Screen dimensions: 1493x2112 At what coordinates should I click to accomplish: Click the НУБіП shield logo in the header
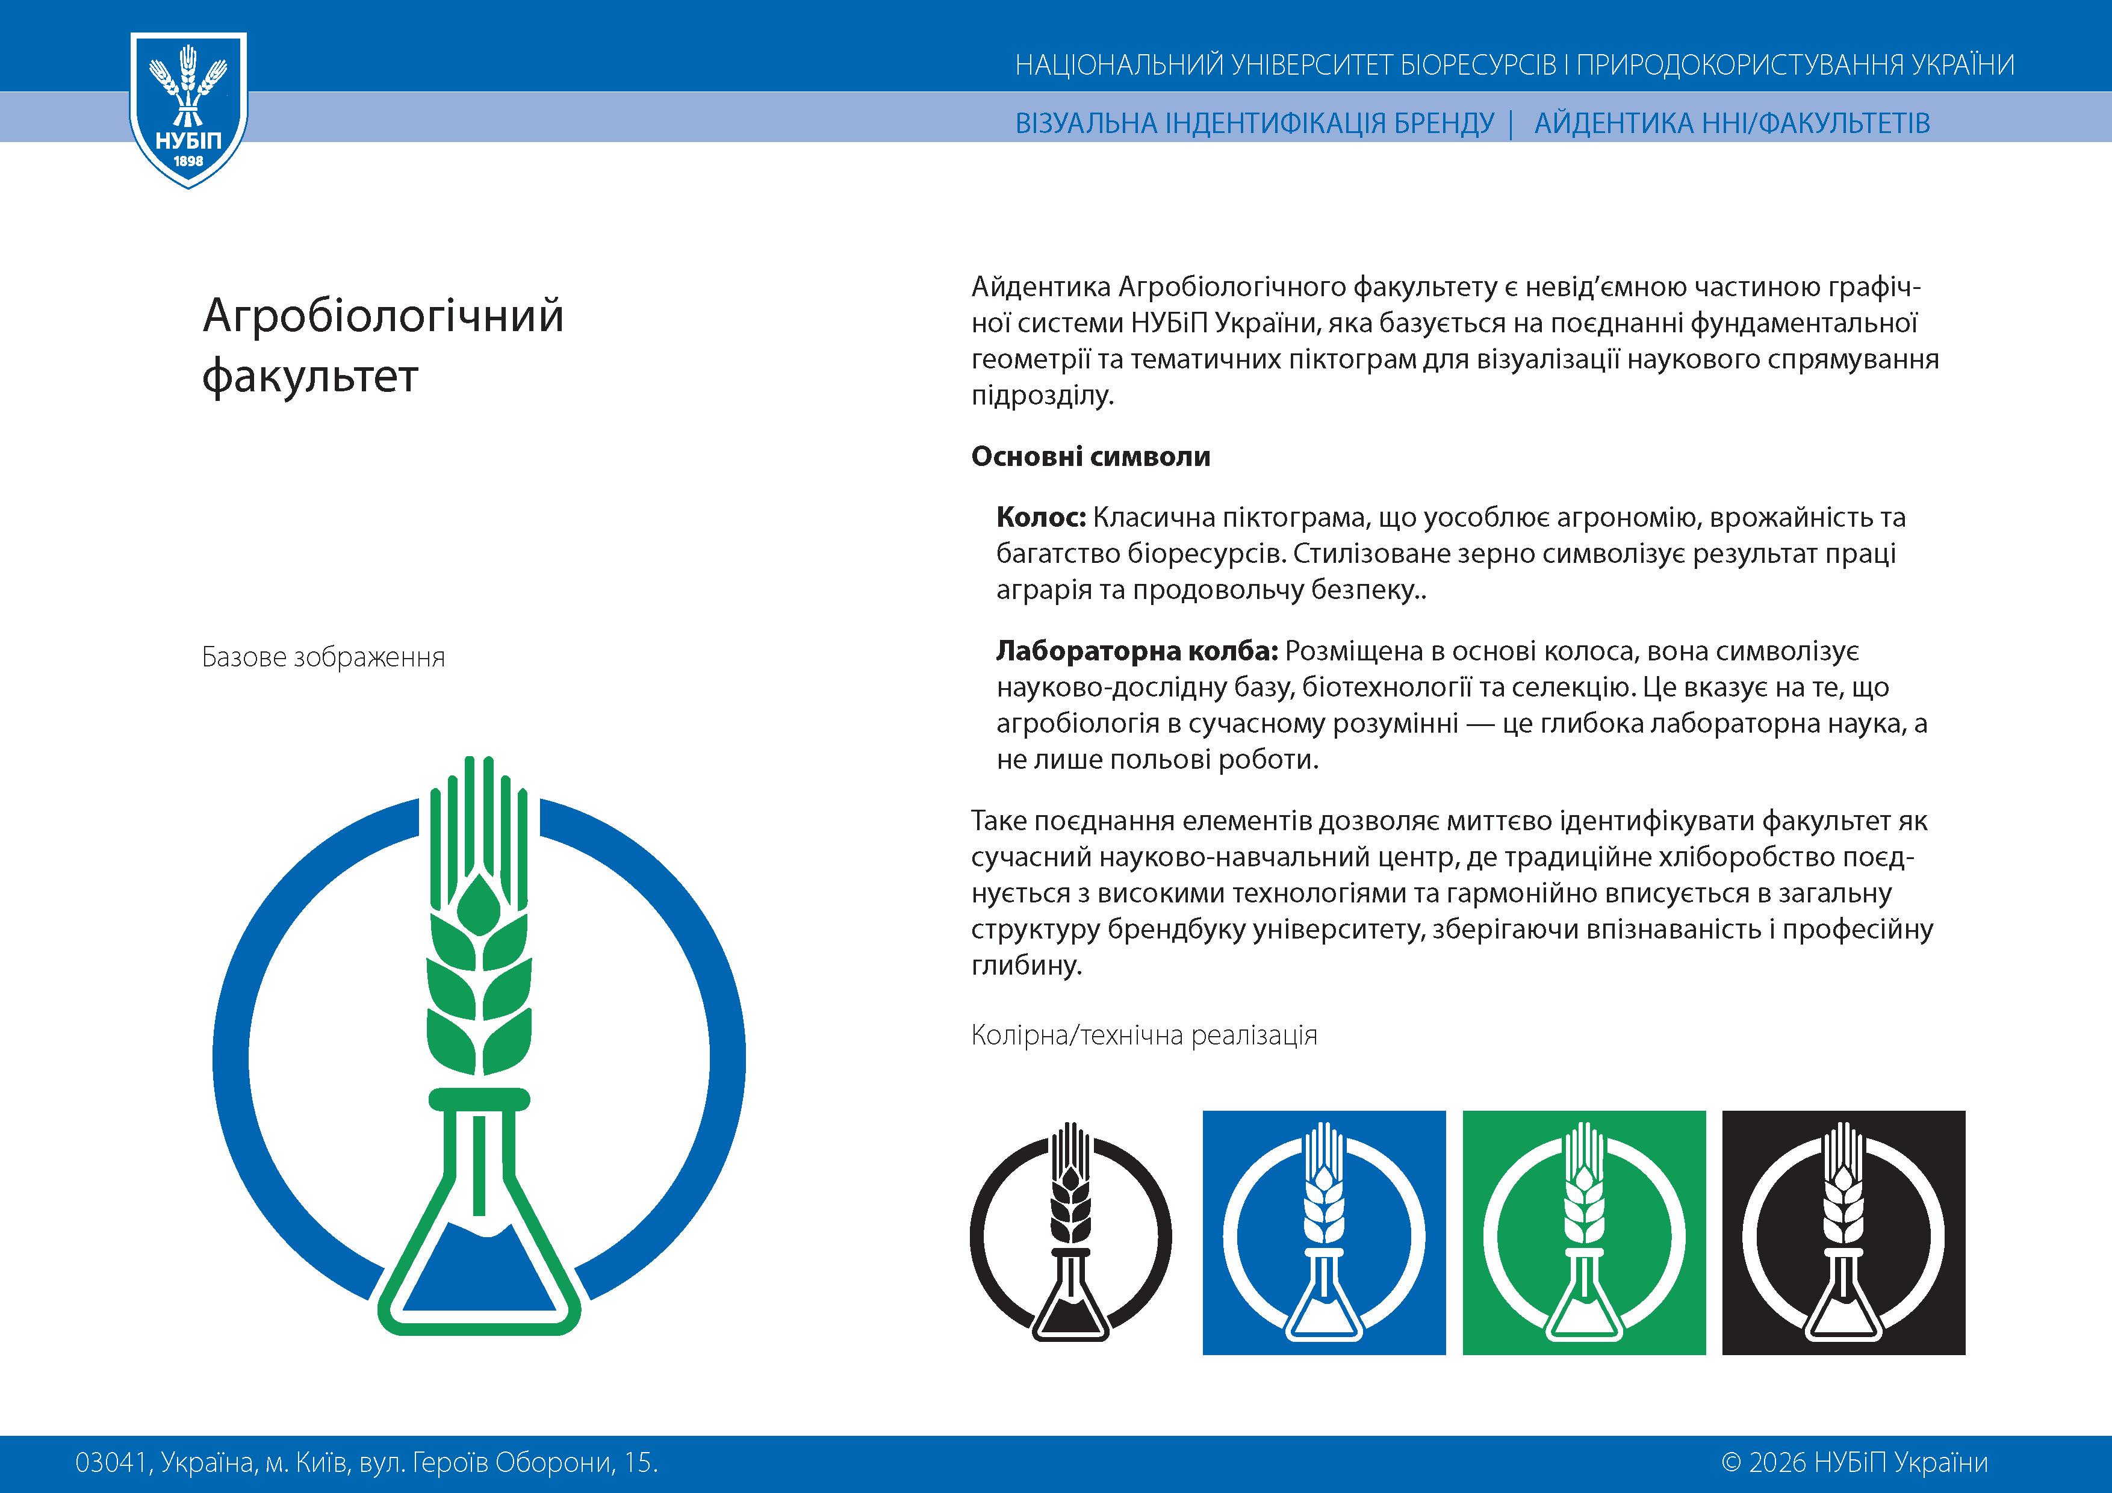click(x=188, y=108)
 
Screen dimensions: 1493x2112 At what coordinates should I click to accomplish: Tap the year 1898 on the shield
click(x=188, y=161)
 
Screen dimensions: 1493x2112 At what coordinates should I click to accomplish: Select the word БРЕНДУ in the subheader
click(x=1444, y=123)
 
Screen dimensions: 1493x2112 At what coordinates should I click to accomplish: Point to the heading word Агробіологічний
click(x=383, y=315)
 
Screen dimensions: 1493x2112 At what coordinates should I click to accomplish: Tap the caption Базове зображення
click(x=323, y=658)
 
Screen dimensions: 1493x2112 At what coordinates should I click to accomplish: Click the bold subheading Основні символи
click(x=1090, y=456)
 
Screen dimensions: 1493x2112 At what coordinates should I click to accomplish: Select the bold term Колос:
click(x=1042, y=518)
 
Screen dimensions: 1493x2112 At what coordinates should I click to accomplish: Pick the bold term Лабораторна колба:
click(x=1137, y=651)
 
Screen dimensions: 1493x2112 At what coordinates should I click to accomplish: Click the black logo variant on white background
click(x=1070, y=1233)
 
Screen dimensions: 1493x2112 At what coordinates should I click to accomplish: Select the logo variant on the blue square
click(x=1324, y=1233)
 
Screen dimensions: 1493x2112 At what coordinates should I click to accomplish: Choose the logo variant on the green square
click(x=1584, y=1233)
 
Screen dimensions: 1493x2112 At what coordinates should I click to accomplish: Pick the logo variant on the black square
click(x=1843, y=1233)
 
